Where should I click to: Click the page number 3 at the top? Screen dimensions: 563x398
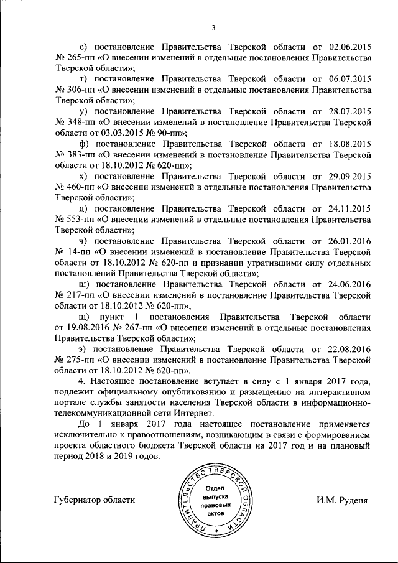point(213,27)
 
